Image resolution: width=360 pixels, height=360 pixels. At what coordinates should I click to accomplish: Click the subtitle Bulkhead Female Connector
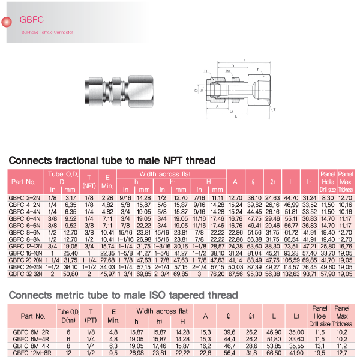point(47,32)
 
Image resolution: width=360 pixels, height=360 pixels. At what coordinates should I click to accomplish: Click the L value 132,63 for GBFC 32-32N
point(290,274)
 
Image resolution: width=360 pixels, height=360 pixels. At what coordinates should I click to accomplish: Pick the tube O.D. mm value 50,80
point(70,274)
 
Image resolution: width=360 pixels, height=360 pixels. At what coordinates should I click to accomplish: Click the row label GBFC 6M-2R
point(33,331)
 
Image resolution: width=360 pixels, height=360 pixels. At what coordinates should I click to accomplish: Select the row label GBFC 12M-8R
point(33,353)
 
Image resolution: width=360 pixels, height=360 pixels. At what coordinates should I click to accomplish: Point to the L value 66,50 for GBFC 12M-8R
point(273,353)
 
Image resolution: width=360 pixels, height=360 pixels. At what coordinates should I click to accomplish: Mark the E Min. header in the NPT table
point(107,181)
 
